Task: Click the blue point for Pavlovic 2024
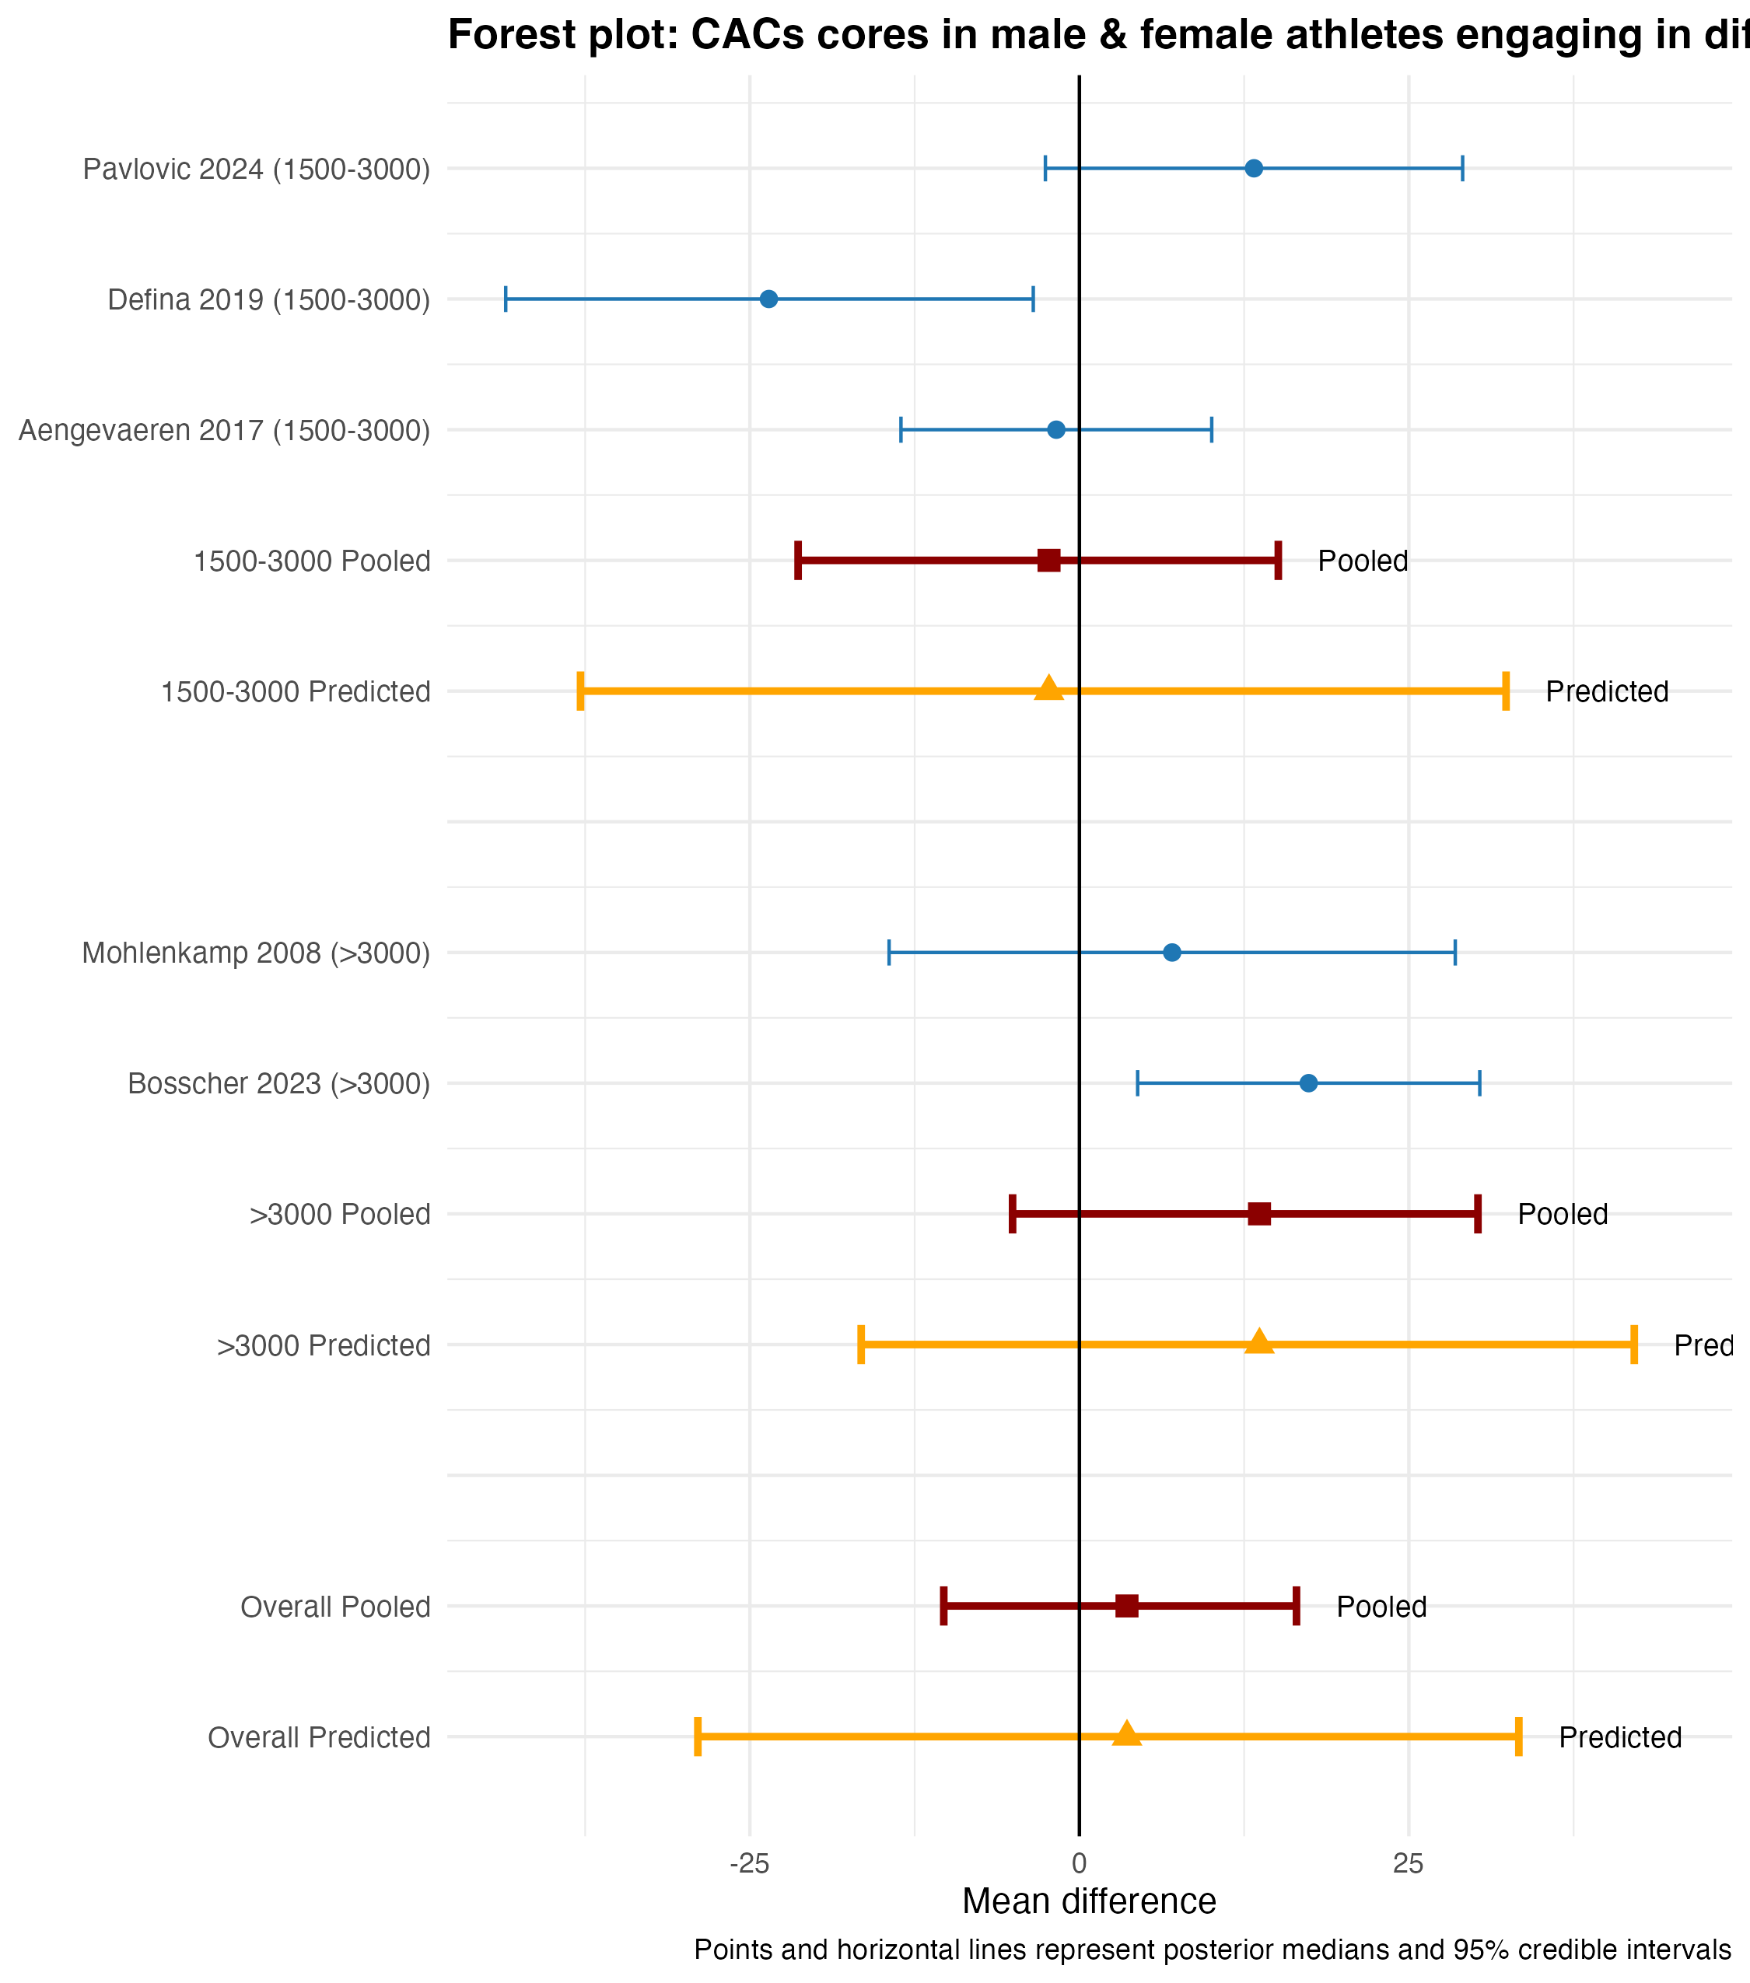click(1253, 169)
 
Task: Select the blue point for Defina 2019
click(768, 299)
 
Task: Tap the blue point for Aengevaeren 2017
click(1056, 430)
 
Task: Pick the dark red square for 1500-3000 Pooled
click(1048, 561)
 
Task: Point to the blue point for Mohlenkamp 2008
click(1172, 953)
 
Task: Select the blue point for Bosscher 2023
click(1309, 1084)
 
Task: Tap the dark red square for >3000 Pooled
click(1259, 1214)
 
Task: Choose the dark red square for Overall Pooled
click(1126, 1607)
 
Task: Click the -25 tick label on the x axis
click(749, 1864)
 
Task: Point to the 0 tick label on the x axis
click(1079, 1864)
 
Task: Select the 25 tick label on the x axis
click(1408, 1864)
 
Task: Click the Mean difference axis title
click(1088, 1902)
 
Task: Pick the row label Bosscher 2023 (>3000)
click(278, 1085)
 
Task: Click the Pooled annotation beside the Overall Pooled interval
click(1381, 1607)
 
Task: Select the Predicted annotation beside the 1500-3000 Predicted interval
click(1606, 692)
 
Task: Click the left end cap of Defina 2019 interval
click(506, 299)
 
